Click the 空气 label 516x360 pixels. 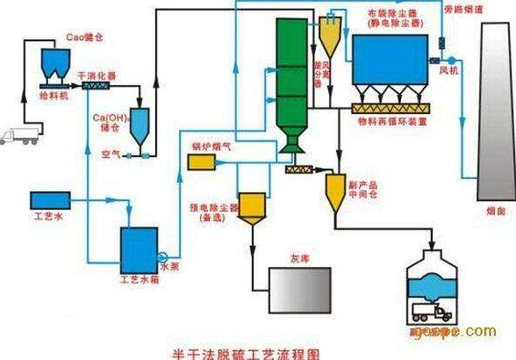coord(111,154)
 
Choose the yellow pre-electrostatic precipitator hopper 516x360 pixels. coord(253,208)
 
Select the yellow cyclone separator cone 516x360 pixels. coord(330,37)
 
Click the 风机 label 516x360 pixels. coord(449,67)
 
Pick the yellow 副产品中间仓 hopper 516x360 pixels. coord(335,191)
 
